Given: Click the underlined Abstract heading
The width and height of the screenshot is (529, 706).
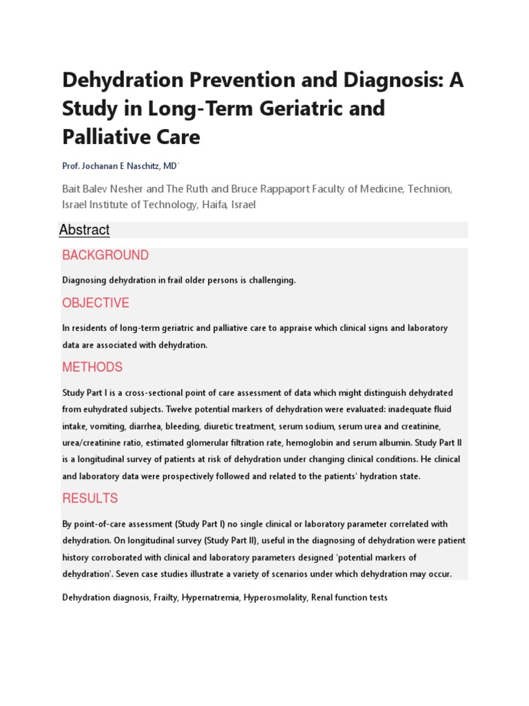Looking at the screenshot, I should point(85,230).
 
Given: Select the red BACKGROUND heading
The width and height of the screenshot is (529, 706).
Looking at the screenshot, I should point(105,255).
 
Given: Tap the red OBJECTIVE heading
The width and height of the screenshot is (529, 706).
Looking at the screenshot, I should point(96,303).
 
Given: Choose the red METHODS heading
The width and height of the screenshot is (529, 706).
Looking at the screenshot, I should point(92,367).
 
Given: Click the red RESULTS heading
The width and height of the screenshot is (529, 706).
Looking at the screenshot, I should point(90,498).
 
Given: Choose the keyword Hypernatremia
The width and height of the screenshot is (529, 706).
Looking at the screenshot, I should point(211,598).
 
